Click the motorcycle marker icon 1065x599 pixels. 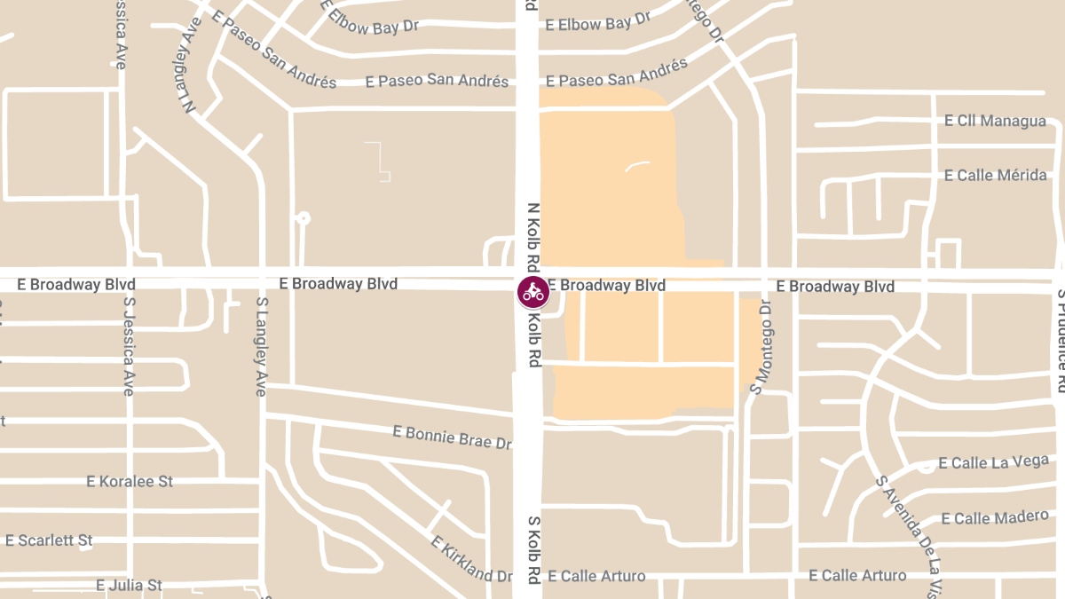point(533,291)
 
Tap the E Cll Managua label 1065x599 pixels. point(995,121)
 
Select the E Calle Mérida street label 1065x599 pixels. point(995,175)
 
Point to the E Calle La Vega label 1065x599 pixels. point(993,462)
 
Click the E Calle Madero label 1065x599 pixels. point(995,517)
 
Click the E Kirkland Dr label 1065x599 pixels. point(471,558)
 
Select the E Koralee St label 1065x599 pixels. point(130,481)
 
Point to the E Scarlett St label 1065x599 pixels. point(49,540)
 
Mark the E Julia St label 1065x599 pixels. point(129,585)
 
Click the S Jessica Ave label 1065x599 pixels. point(128,346)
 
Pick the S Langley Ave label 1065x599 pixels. point(261,346)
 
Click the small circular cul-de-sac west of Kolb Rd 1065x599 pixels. point(304,217)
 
